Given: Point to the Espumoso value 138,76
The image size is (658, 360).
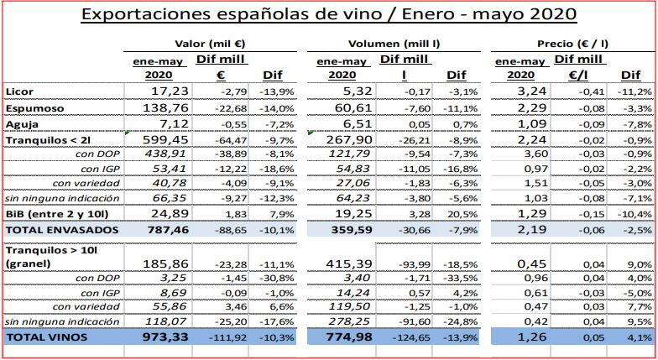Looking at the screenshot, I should coord(159,109).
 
